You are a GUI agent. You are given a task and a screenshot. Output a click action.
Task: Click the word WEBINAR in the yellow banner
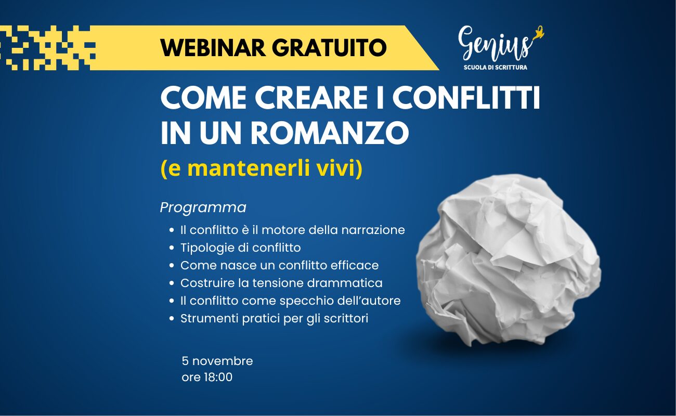pyautogui.click(x=213, y=48)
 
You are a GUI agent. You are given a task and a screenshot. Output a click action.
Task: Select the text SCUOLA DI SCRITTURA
pyautogui.click(x=495, y=67)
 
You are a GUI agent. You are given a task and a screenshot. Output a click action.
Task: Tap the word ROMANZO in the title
pyautogui.click(x=330, y=133)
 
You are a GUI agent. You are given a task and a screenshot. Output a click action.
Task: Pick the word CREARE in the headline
pyautogui.click(x=311, y=98)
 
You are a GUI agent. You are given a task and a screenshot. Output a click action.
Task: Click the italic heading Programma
pyautogui.click(x=203, y=207)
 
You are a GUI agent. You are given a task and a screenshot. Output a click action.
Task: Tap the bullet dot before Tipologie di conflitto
pyautogui.click(x=172, y=248)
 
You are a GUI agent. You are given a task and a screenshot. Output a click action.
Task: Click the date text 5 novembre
pyautogui.click(x=217, y=361)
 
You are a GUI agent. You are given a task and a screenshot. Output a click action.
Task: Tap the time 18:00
pyautogui.click(x=218, y=378)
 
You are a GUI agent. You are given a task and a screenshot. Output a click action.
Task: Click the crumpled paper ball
pyautogui.click(x=508, y=260)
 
